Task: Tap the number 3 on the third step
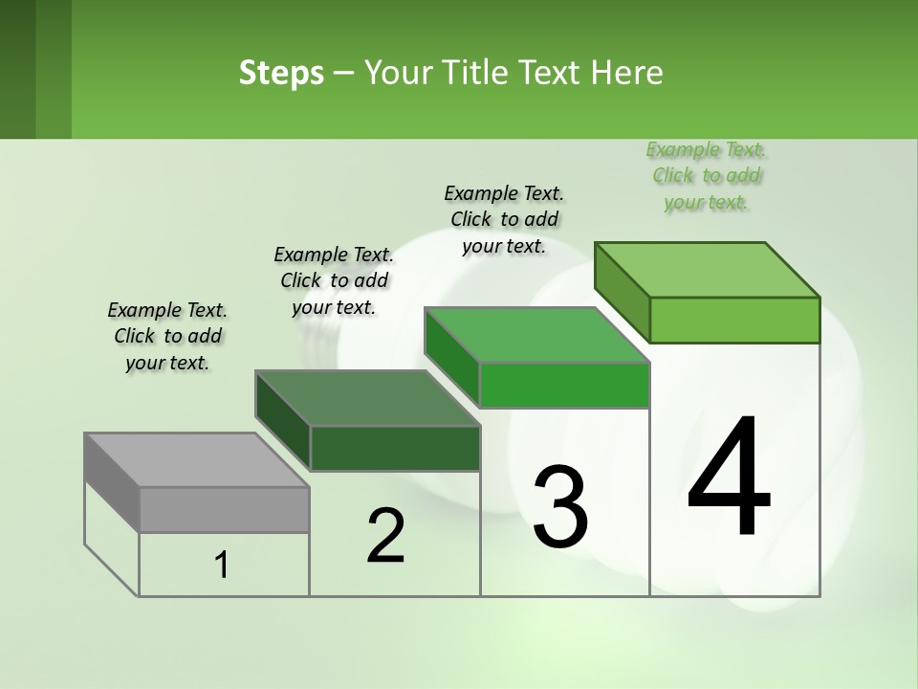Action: coord(560,506)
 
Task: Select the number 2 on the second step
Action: coord(385,536)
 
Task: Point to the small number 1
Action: coord(222,566)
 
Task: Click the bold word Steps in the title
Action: coord(281,73)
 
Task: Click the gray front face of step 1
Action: coord(225,509)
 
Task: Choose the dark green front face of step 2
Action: coord(395,448)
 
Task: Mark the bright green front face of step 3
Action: coord(564,386)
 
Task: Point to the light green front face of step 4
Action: coord(734,320)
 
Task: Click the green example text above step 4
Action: coord(706,176)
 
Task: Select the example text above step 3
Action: coord(504,219)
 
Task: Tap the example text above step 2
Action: coord(334,280)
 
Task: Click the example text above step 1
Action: coord(167,336)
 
